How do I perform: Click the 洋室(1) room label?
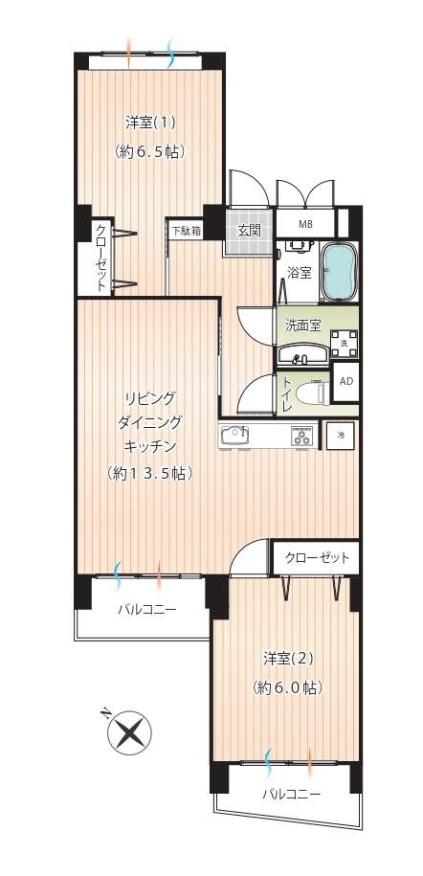pyautogui.click(x=150, y=123)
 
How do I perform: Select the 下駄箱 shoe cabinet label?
pyautogui.click(x=187, y=230)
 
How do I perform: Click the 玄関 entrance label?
pyautogui.click(x=249, y=230)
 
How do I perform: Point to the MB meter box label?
pyautogui.click(x=305, y=225)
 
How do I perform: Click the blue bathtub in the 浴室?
pyautogui.click(x=339, y=272)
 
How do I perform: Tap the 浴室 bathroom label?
pyautogui.click(x=299, y=273)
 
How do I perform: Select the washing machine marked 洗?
pyautogui.click(x=345, y=344)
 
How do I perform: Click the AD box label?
pyautogui.click(x=346, y=382)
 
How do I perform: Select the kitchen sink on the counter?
pyautogui.click(x=234, y=435)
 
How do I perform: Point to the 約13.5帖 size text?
pyautogui.click(x=150, y=474)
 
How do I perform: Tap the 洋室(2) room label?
pyautogui.click(x=288, y=660)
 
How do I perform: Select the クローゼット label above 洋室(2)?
pyautogui.click(x=317, y=557)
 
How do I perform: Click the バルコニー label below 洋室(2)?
pyautogui.click(x=292, y=794)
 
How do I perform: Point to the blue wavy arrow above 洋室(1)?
pyautogui.click(x=171, y=53)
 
